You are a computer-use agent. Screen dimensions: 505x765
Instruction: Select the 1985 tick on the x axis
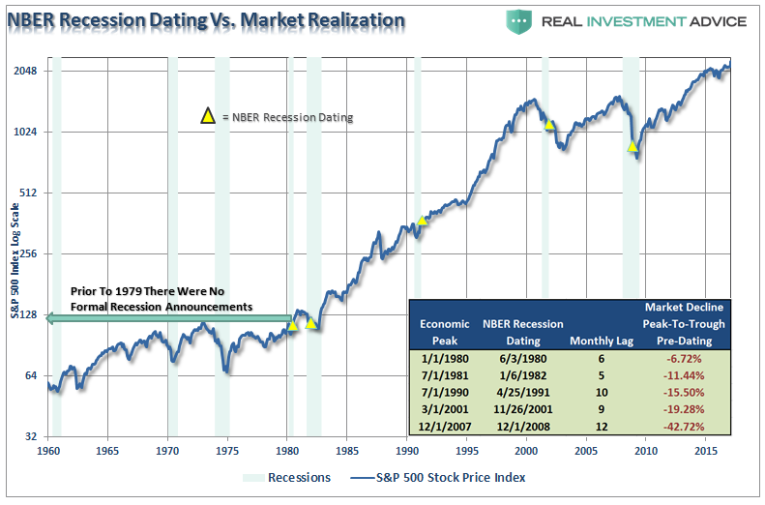(x=346, y=450)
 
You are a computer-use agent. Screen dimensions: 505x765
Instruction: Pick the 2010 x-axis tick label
(x=645, y=450)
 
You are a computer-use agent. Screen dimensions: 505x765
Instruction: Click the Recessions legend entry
(x=288, y=477)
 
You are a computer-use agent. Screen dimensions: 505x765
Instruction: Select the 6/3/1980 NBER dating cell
(x=522, y=357)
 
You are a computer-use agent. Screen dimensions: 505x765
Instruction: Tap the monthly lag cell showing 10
(x=600, y=392)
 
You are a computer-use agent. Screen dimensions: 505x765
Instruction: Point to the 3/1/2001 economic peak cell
(x=445, y=409)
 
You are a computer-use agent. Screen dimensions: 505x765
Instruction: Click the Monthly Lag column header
(x=600, y=341)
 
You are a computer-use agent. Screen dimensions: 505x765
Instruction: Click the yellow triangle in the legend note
(x=207, y=117)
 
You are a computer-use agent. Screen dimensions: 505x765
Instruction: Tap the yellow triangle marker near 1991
(x=423, y=221)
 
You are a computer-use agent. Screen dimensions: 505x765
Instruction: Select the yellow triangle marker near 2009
(x=633, y=146)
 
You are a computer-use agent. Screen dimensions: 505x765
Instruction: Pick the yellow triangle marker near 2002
(x=549, y=124)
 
